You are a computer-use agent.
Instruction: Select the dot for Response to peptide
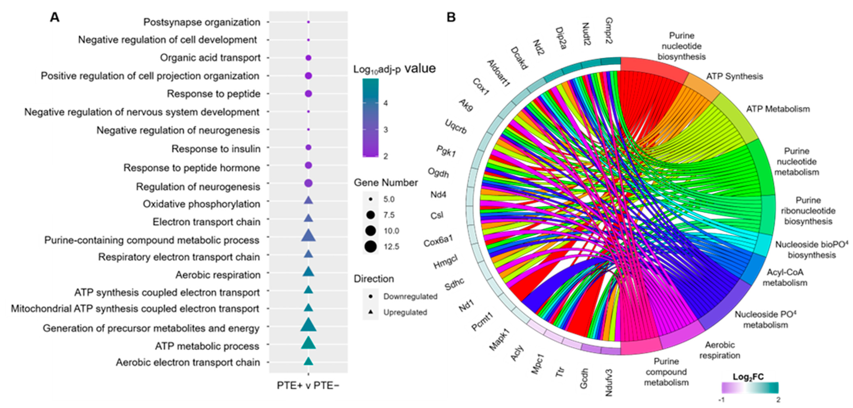tap(308, 94)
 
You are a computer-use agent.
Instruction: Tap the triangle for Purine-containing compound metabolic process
tap(308, 236)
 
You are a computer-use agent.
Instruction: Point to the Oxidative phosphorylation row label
tap(201, 204)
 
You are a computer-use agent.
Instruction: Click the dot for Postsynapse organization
tap(308, 22)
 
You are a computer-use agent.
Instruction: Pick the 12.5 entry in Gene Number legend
tap(371, 247)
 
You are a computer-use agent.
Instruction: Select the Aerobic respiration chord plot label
tap(719, 350)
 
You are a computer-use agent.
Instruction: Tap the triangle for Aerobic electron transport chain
tap(308, 361)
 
